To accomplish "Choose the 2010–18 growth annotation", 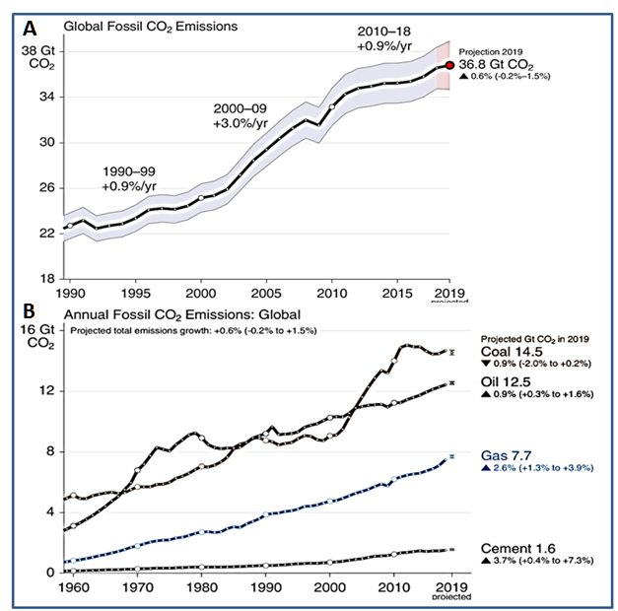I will click(387, 38).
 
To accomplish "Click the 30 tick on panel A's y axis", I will click(45, 143).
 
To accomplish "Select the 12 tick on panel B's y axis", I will click(45, 391).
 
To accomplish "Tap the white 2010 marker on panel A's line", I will click(332, 106).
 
